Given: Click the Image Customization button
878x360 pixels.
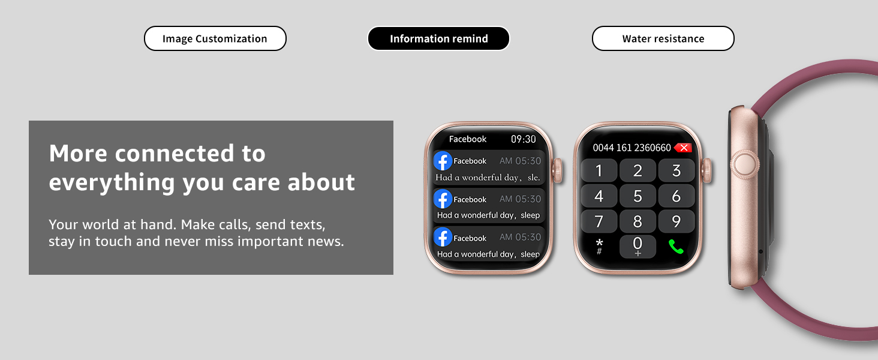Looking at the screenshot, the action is point(215,38).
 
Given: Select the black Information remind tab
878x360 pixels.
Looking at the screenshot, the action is point(438,38).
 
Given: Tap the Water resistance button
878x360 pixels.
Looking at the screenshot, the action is point(663,38).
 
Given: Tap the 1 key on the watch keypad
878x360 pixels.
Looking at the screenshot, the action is point(599,170).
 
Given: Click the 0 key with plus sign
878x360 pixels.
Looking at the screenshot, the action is point(638,246).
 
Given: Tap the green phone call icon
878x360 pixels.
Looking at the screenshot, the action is point(676,247).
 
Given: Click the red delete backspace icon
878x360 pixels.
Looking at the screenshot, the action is point(683,148).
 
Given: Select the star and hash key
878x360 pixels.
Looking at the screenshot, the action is point(599,247).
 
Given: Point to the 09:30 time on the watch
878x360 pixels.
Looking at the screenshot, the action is point(524,139).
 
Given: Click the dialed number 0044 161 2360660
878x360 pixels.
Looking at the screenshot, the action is point(632,148).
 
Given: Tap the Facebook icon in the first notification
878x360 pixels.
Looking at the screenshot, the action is point(443,161).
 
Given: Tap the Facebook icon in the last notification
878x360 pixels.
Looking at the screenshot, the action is point(443,237).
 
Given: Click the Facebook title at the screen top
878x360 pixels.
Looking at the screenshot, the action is point(468,139).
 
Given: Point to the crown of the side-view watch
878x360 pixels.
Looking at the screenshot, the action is point(745,164).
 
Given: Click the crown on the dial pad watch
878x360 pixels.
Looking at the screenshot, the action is point(706,170).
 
